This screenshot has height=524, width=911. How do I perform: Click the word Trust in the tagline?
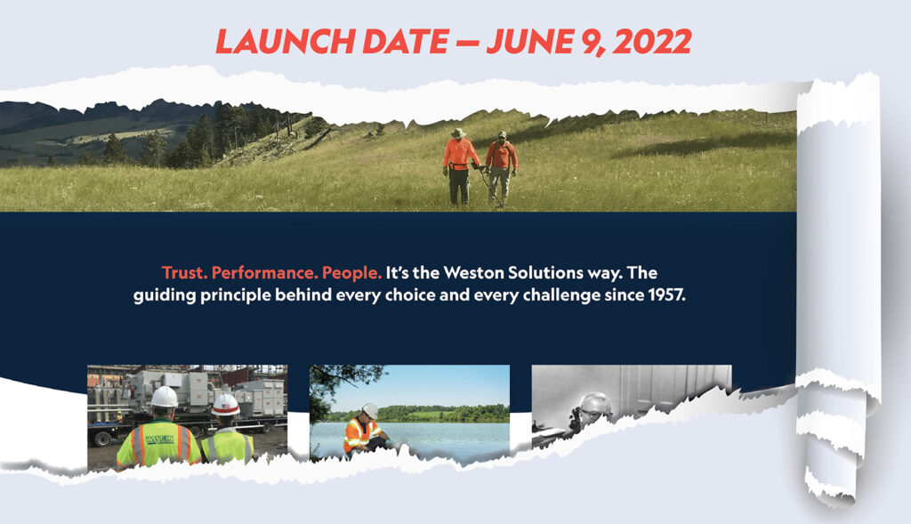click(x=184, y=272)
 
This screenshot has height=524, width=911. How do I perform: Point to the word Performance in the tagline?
click(x=264, y=273)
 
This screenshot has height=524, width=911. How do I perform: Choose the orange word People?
click(x=351, y=273)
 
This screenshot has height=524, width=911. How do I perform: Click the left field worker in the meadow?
click(x=459, y=166)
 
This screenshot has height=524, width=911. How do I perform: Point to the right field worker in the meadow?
click(x=500, y=167)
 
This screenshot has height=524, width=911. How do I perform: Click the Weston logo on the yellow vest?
click(x=160, y=439)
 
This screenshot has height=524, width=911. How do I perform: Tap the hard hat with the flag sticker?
click(x=225, y=405)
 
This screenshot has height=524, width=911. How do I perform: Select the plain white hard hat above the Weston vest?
click(x=165, y=397)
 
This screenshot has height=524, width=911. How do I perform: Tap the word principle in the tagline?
click(x=236, y=295)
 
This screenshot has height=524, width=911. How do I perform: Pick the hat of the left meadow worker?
click(x=459, y=133)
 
